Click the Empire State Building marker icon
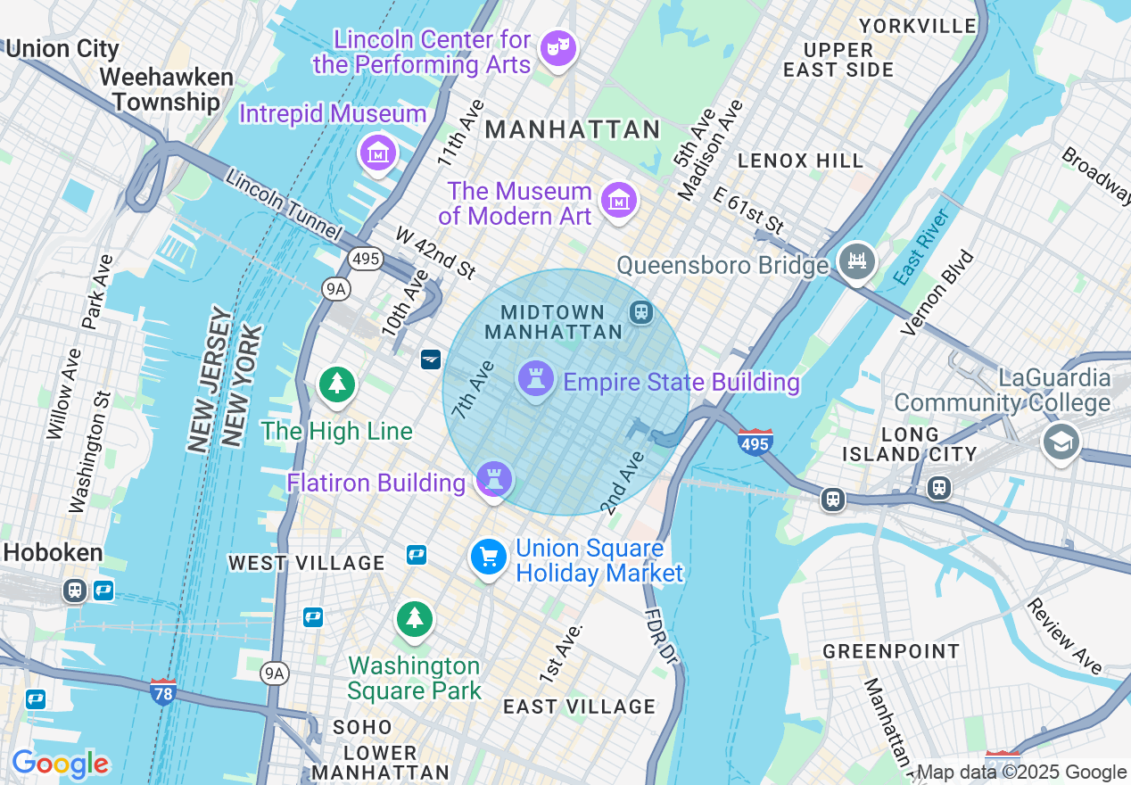(535, 379)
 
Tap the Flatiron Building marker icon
(493, 480)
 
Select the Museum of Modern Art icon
(618, 200)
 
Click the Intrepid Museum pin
(378, 153)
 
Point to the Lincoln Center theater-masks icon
(558, 47)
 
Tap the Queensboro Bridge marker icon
(857, 261)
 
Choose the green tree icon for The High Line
(337, 385)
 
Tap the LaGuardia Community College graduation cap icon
(1061, 442)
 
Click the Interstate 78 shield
(162, 692)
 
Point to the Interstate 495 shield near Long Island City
(755, 442)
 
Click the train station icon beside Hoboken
(74, 590)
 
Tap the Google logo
(60, 764)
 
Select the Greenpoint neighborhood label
(891, 652)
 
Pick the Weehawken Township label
(167, 90)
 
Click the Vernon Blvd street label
(937, 293)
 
